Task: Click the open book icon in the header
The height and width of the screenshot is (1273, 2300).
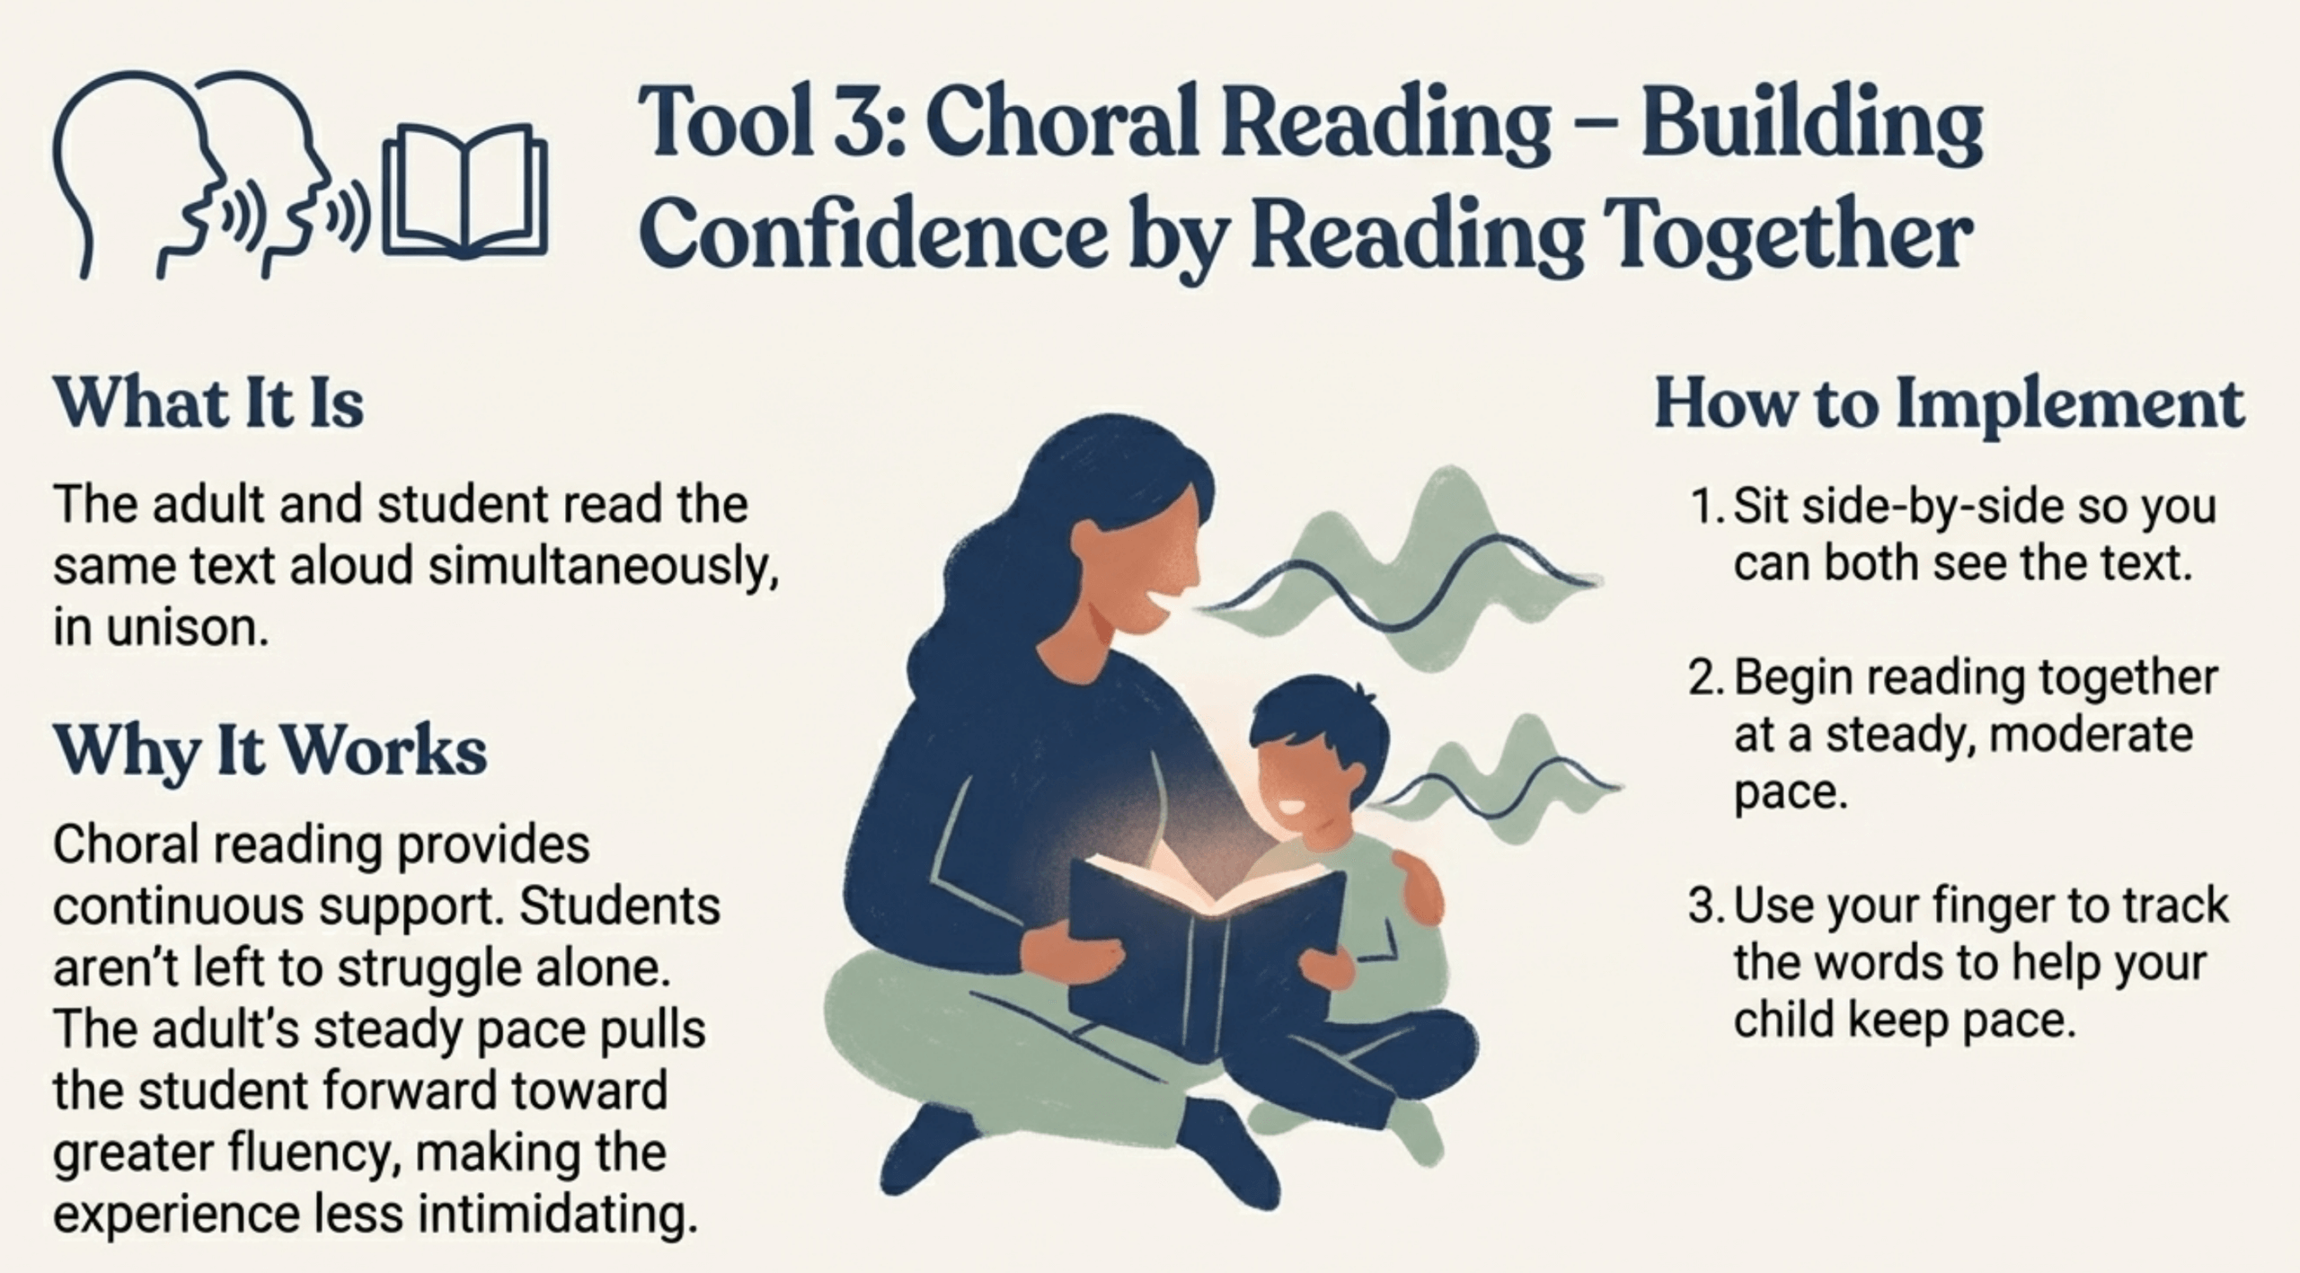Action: pyautogui.click(x=465, y=190)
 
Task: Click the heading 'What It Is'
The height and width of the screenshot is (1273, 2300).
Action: pyautogui.click(x=208, y=403)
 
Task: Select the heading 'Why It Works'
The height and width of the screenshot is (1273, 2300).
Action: pyautogui.click(x=270, y=752)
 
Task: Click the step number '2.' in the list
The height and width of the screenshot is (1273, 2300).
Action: pyautogui.click(x=1704, y=679)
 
